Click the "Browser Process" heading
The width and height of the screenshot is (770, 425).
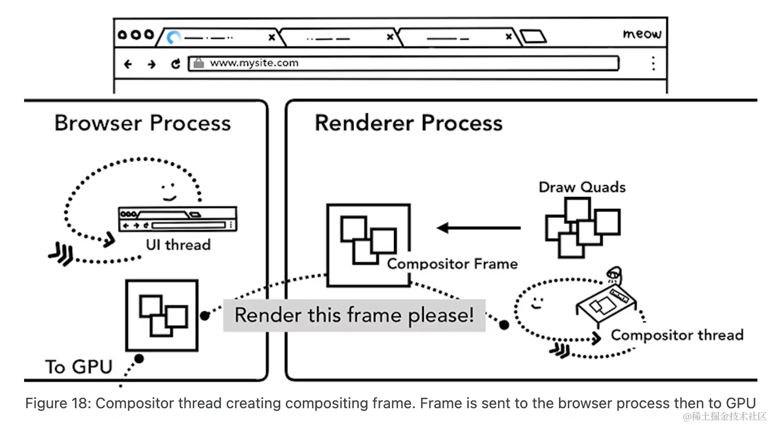142,124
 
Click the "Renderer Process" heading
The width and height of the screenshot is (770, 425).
409,124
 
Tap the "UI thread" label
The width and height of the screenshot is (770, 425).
178,245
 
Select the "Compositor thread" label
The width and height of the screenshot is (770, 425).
677,335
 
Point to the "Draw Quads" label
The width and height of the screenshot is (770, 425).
582,187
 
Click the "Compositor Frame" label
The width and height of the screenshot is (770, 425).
452,263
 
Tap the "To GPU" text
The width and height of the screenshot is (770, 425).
79,366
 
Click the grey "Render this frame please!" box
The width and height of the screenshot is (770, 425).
354,315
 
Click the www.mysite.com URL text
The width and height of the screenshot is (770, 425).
254,63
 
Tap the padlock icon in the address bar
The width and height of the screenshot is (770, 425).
199,63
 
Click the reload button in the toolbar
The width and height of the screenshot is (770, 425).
175,64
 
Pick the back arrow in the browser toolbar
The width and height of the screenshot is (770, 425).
128,64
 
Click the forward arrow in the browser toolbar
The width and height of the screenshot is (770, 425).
151,64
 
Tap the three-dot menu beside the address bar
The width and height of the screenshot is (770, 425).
653,63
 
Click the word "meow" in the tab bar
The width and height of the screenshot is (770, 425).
642,35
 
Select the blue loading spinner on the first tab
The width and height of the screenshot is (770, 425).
174,38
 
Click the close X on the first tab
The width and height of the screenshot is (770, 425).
271,37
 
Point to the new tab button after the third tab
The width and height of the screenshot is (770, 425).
533,37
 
